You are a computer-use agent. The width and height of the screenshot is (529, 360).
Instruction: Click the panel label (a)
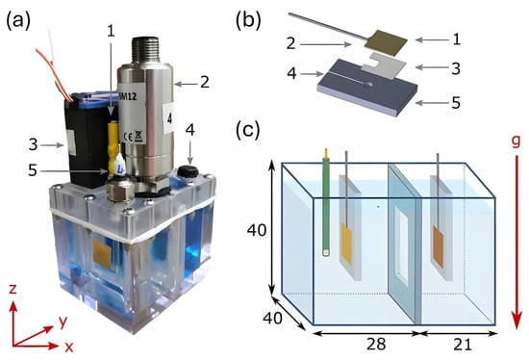[18, 21]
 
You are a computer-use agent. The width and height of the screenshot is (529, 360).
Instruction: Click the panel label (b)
[248, 21]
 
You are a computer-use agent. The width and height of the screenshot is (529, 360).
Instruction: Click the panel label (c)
[248, 130]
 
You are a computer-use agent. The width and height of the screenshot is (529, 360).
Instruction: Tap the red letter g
[516, 141]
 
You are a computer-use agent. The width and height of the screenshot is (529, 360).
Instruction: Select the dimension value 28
[376, 345]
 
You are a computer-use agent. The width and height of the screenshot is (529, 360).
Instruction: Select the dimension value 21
[463, 345]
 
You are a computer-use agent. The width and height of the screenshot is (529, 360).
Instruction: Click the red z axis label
[13, 289]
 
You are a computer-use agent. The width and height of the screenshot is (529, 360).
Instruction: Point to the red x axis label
[69, 347]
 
